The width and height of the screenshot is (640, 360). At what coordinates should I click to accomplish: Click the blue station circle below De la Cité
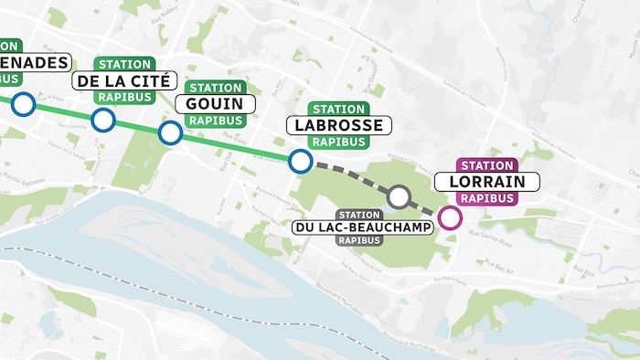(x=103, y=120)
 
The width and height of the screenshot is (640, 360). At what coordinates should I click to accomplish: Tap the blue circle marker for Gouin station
(x=170, y=133)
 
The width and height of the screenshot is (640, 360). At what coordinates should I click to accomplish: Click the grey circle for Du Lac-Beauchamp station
(x=399, y=196)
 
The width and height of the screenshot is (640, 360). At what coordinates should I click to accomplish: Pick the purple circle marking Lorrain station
(x=449, y=217)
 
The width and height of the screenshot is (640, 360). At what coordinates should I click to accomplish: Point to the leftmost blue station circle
(x=23, y=104)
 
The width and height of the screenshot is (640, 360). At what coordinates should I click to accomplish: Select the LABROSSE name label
(x=339, y=125)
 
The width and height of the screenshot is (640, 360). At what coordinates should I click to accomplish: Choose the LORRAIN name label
(x=488, y=182)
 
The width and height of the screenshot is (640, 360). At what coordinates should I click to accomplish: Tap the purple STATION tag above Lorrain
(x=487, y=165)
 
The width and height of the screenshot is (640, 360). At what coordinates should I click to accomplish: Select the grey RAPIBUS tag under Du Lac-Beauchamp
(x=358, y=241)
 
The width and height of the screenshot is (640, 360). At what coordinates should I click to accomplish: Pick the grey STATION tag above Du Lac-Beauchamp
(x=358, y=213)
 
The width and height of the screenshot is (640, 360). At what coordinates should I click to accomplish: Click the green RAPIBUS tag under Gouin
(x=215, y=121)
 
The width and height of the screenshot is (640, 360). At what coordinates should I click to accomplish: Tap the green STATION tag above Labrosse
(x=338, y=109)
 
